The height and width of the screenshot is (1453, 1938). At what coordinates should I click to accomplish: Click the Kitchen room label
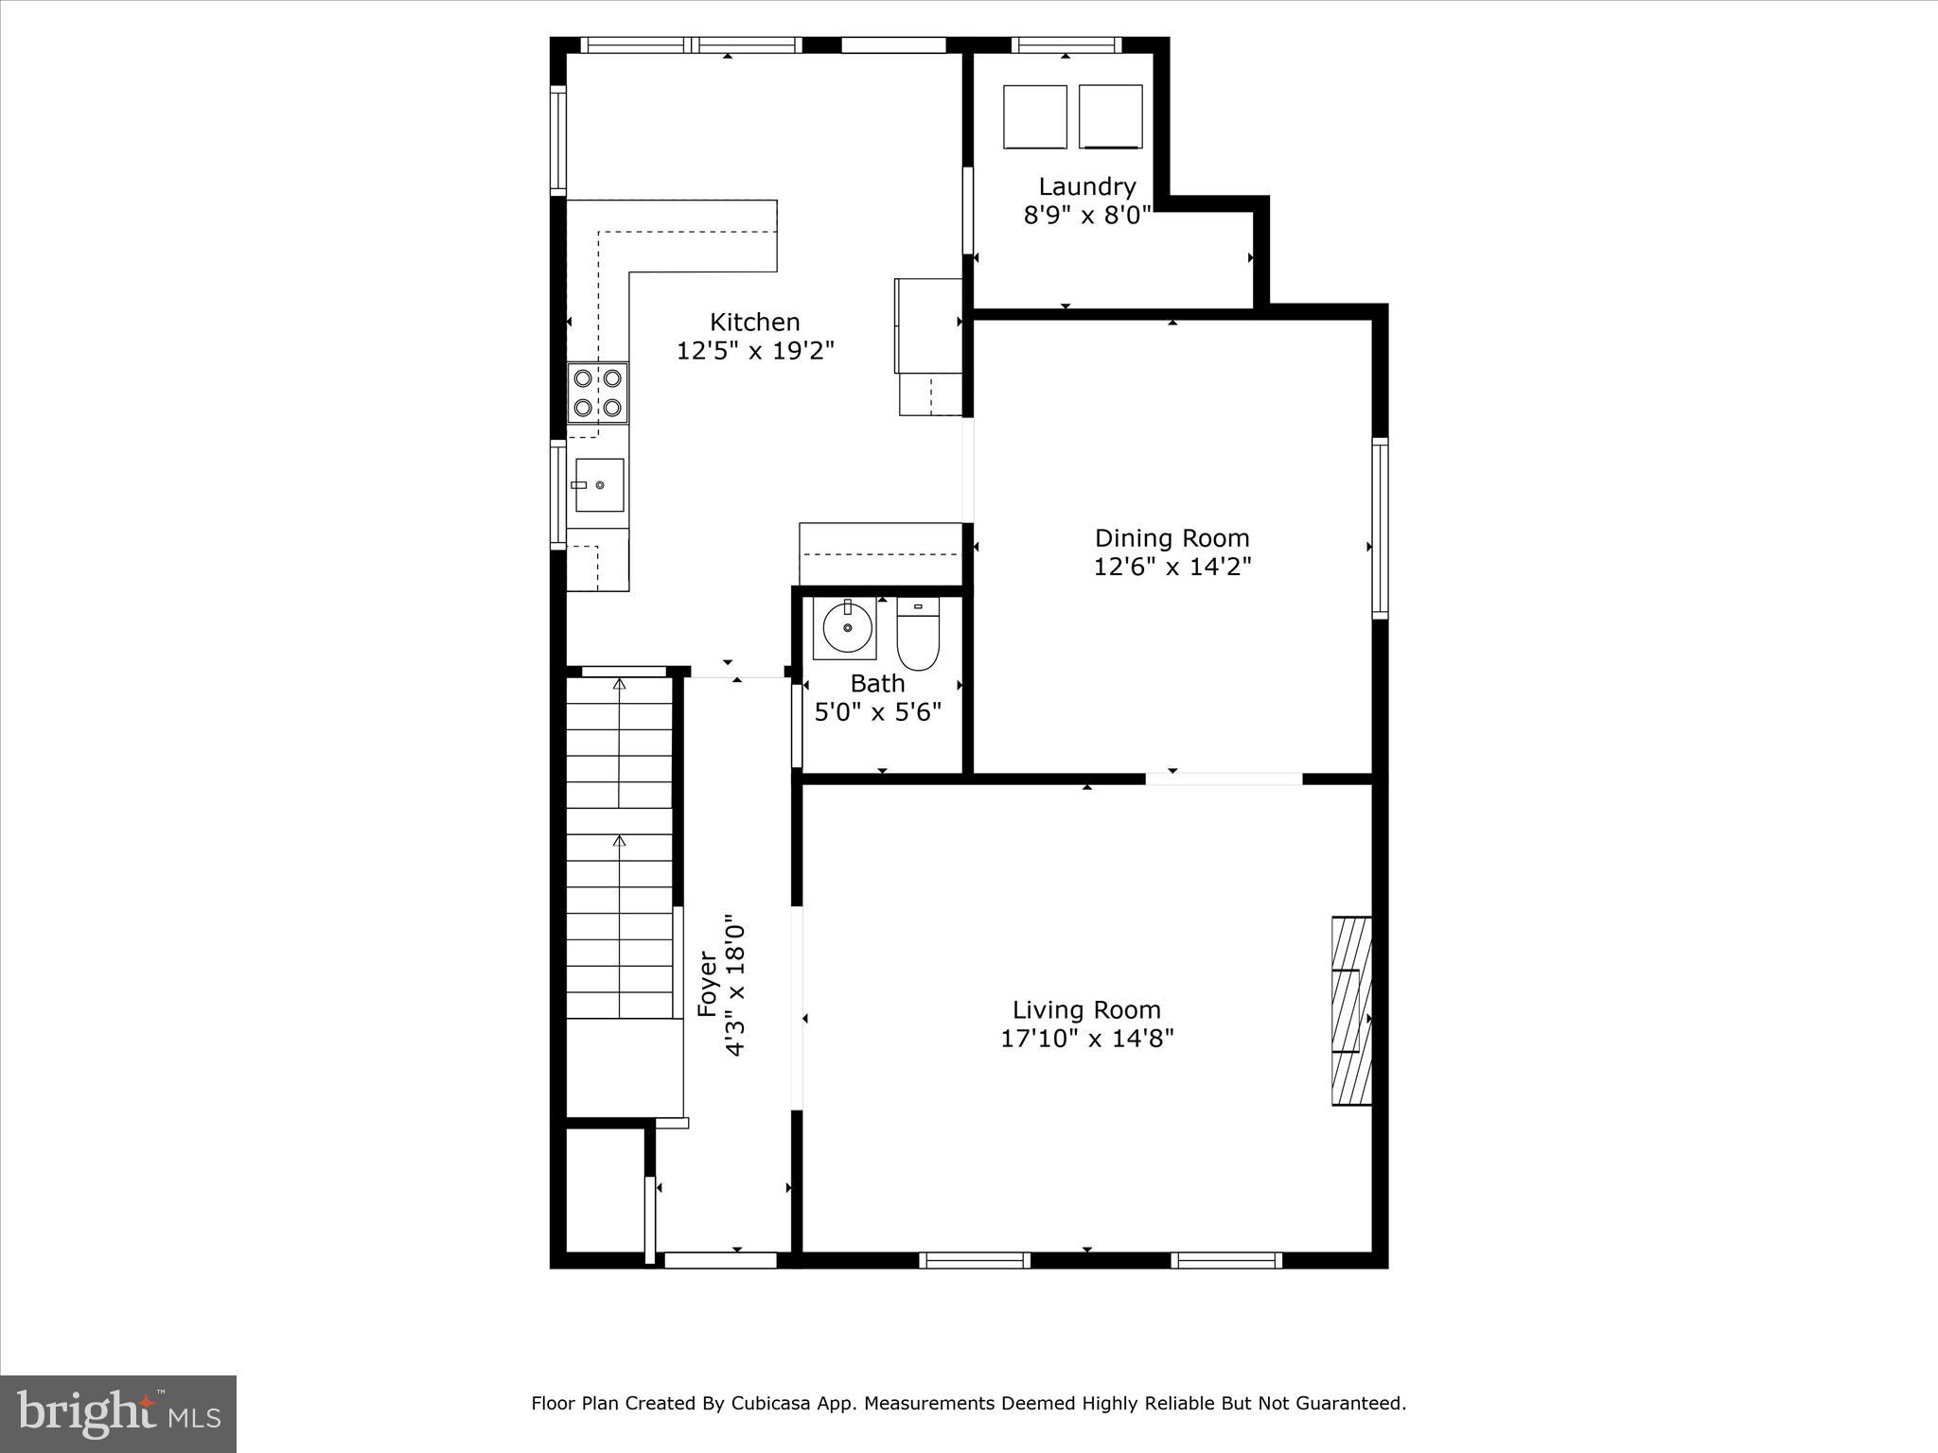(755, 322)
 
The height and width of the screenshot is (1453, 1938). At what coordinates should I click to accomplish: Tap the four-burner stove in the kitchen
(597, 393)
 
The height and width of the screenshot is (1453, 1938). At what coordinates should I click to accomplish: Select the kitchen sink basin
(599, 484)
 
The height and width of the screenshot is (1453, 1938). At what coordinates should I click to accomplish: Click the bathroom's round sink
(846, 627)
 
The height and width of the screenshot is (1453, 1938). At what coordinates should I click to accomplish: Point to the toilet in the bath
(917, 635)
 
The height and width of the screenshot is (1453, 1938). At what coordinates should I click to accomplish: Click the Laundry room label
(1086, 186)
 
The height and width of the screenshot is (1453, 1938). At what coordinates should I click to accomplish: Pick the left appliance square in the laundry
(1035, 116)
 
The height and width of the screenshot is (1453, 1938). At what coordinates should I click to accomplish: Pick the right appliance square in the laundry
(1110, 116)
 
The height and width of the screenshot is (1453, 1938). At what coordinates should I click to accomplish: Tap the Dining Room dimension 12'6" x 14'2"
(1172, 567)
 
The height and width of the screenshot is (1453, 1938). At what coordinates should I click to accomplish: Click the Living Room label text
(1086, 1009)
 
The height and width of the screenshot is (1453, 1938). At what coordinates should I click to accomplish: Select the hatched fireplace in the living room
(1351, 1009)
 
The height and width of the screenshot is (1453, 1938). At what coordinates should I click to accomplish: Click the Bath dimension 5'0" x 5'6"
(878, 712)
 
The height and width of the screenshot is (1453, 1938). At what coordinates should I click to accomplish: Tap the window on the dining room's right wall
(1380, 528)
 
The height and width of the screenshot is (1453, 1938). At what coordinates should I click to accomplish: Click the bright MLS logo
(118, 1413)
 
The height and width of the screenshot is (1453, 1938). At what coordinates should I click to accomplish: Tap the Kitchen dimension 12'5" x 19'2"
(755, 351)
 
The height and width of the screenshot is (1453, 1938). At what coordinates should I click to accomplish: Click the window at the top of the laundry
(1066, 44)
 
